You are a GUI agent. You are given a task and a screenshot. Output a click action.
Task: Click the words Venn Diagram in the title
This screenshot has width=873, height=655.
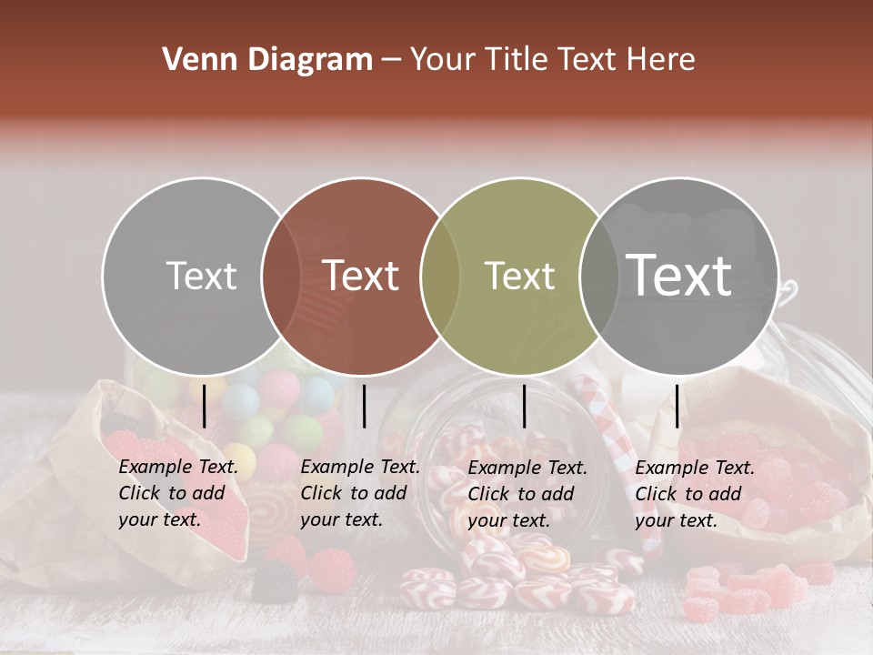coord(267,60)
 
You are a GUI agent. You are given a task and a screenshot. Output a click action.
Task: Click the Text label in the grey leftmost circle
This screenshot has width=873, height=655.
coord(201,276)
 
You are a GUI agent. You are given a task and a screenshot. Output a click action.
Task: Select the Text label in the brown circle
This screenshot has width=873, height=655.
coord(360,276)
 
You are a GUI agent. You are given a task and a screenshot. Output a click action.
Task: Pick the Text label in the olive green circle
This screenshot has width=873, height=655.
coord(519,276)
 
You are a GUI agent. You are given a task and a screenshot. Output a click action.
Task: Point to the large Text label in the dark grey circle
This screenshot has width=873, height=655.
coord(679,275)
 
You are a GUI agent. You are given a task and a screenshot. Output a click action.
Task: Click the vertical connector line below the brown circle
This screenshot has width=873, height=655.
coord(364,406)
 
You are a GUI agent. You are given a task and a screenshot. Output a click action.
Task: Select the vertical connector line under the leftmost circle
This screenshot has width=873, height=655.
coord(205,406)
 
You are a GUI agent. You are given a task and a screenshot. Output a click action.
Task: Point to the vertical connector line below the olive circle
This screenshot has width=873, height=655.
coord(524,406)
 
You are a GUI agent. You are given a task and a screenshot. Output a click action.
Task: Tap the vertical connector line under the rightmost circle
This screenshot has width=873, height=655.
coord(677,406)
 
